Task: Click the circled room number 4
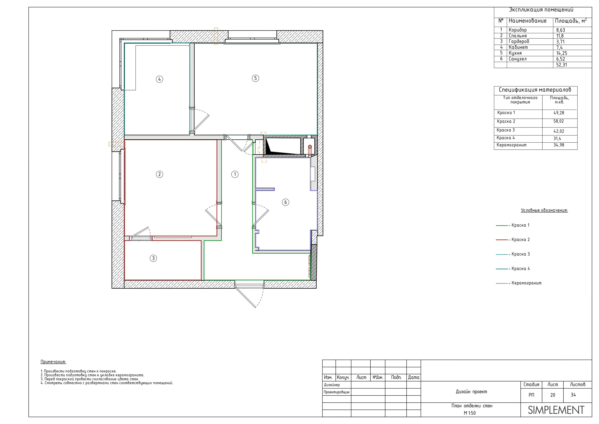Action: coord(159,79)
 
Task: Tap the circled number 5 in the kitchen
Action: coord(256,78)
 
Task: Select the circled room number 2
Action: coord(159,174)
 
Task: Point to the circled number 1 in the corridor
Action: coord(235,174)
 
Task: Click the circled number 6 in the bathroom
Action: coord(285,202)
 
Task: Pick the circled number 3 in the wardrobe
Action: coord(153,258)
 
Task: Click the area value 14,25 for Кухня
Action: coord(562,53)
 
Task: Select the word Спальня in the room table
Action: coord(518,36)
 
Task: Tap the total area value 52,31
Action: coord(562,65)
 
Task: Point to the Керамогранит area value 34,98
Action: coord(559,145)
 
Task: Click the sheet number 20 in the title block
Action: coord(553,395)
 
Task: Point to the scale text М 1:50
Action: coord(470,413)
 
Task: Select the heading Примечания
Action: coord(53,362)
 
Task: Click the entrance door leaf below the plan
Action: coord(245,298)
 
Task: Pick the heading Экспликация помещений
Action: coord(541,10)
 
